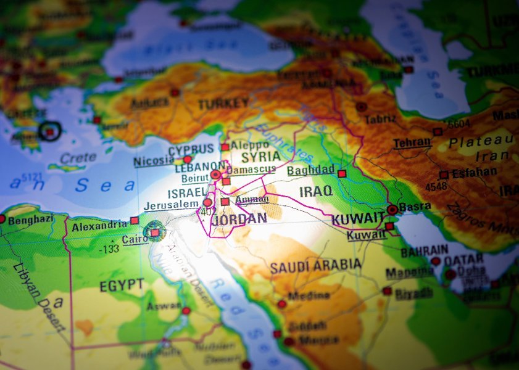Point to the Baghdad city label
pos(310,170)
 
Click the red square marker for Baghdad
pos(342,174)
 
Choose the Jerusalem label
pos(171,205)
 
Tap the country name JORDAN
pos(239,218)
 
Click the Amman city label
pos(252,200)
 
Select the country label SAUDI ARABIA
pos(315,265)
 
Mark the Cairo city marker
pos(154,232)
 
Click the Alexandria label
pos(99,226)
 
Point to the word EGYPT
pos(121,286)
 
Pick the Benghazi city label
pos(30,220)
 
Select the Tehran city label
pos(412,142)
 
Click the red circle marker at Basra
pos(392,210)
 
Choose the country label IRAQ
pos(316,192)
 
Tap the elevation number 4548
pos(437,186)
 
